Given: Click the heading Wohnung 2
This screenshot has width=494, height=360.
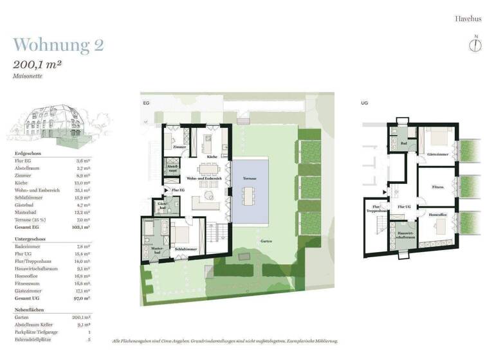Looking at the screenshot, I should [x=58, y=45].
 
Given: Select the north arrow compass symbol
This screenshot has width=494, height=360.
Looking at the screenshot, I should [x=476, y=44].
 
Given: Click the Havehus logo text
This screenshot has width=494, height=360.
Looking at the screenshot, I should [x=468, y=19].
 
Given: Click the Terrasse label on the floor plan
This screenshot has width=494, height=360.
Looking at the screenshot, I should [x=250, y=178].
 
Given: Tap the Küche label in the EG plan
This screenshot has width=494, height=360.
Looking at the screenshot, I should [x=212, y=156].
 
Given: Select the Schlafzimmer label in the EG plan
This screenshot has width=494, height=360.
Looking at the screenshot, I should [x=185, y=249].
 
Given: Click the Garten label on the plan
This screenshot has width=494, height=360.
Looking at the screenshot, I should [x=266, y=241].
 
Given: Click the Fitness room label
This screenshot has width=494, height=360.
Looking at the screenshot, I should [x=437, y=187].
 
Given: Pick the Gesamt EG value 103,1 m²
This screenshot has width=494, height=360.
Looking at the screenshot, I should [x=81, y=227].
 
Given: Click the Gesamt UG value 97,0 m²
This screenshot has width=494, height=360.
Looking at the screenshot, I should [x=81, y=298].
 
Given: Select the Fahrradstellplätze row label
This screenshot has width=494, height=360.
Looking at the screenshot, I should [x=34, y=339].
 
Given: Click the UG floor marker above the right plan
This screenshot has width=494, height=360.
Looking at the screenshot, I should [x=364, y=102].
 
